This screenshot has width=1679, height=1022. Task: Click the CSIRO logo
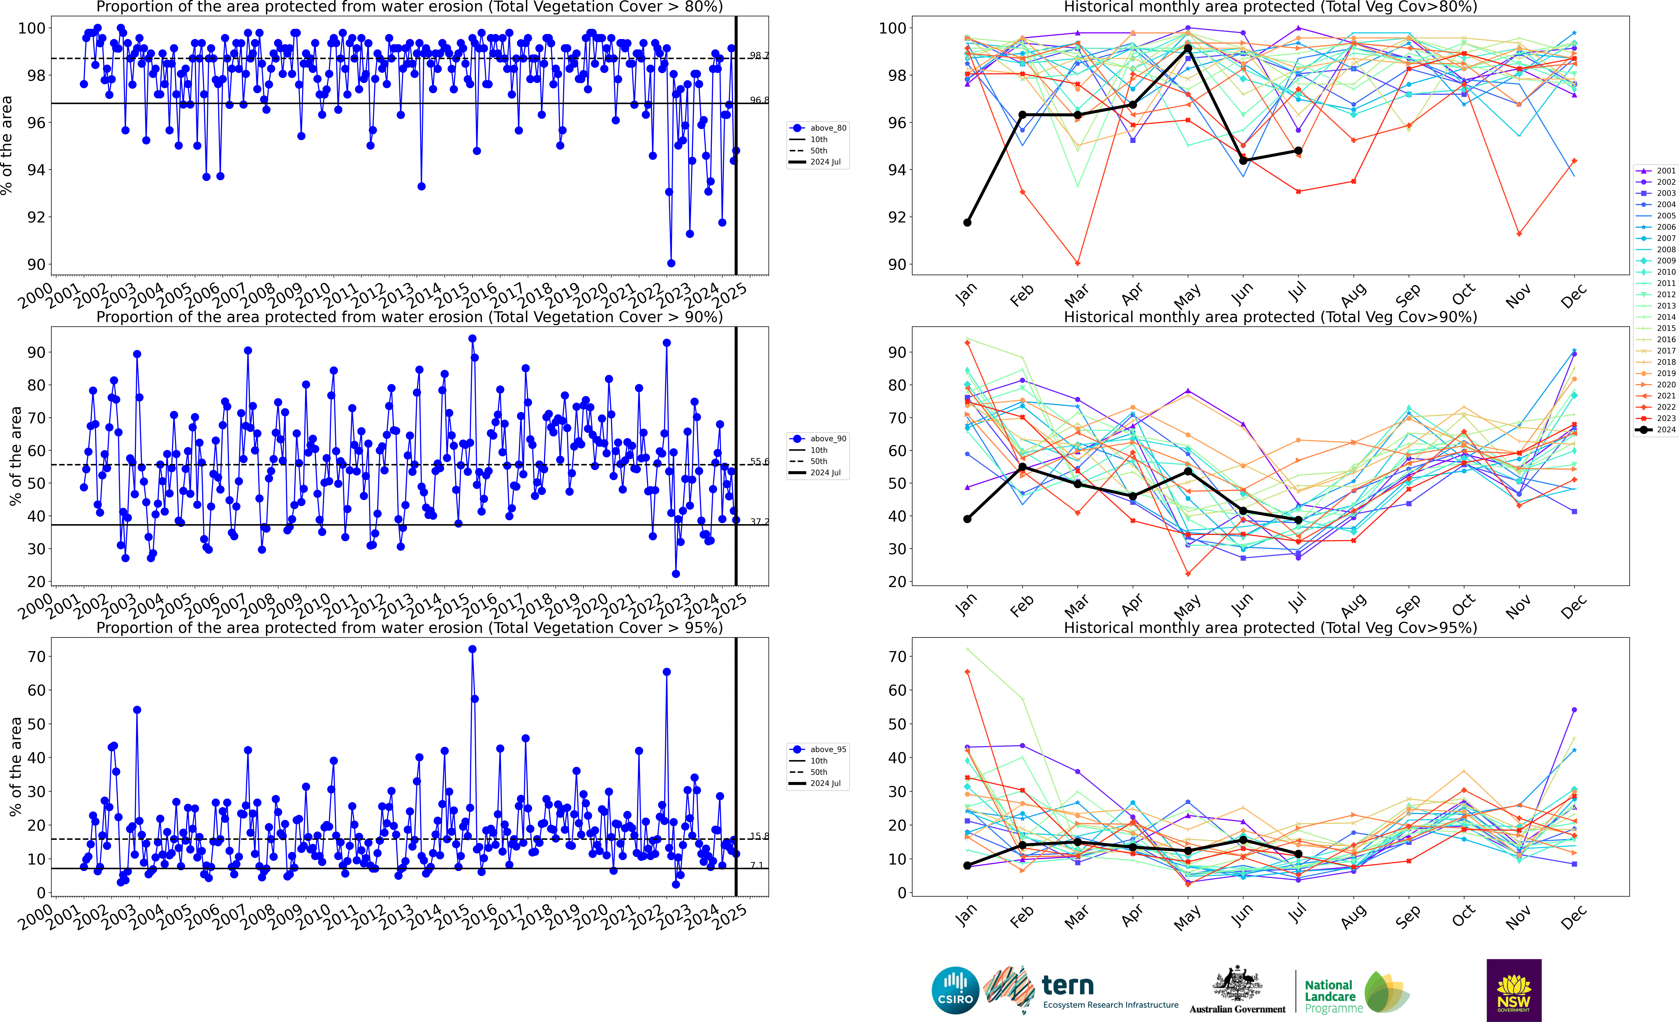pyautogui.click(x=955, y=990)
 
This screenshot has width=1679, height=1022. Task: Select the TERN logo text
pyautogui.click(x=1068, y=985)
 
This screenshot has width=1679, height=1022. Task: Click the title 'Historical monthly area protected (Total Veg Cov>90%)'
pyautogui.click(x=1270, y=317)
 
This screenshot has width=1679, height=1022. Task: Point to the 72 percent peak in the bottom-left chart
pyautogui.click(x=472, y=649)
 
